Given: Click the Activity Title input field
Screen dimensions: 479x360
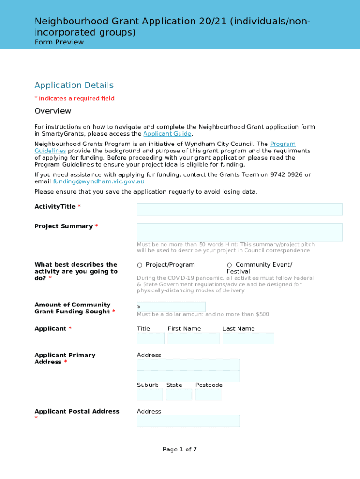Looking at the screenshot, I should (x=239, y=209).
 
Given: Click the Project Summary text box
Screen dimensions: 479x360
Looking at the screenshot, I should (x=239, y=232).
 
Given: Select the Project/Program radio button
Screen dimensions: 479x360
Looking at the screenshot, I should (x=140, y=265).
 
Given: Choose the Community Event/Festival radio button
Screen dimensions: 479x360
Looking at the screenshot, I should (x=230, y=265).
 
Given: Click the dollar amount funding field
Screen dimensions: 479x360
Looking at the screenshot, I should (x=171, y=307).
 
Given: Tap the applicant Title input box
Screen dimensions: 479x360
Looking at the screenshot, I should (x=151, y=338).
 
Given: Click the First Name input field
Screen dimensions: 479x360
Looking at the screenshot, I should (x=193, y=338).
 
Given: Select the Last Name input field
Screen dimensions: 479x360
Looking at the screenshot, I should (x=248, y=338).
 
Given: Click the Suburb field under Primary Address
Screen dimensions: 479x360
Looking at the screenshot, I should (x=150, y=394).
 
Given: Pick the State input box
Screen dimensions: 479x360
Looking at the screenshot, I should (x=179, y=394).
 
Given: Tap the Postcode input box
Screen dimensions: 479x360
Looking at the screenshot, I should (x=208, y=394).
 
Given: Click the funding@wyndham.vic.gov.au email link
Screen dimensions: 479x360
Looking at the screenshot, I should (x=99, y=181).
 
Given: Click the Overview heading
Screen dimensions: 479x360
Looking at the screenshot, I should (x=53, y=111).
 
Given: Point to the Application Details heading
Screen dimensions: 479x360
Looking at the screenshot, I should (x=74, y=85).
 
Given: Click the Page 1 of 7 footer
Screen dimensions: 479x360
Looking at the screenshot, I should (x=180, y=450).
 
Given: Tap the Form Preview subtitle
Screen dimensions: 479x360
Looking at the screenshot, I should (x=59, y=42).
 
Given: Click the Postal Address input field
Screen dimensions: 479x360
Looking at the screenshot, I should (x=188, y=421).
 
